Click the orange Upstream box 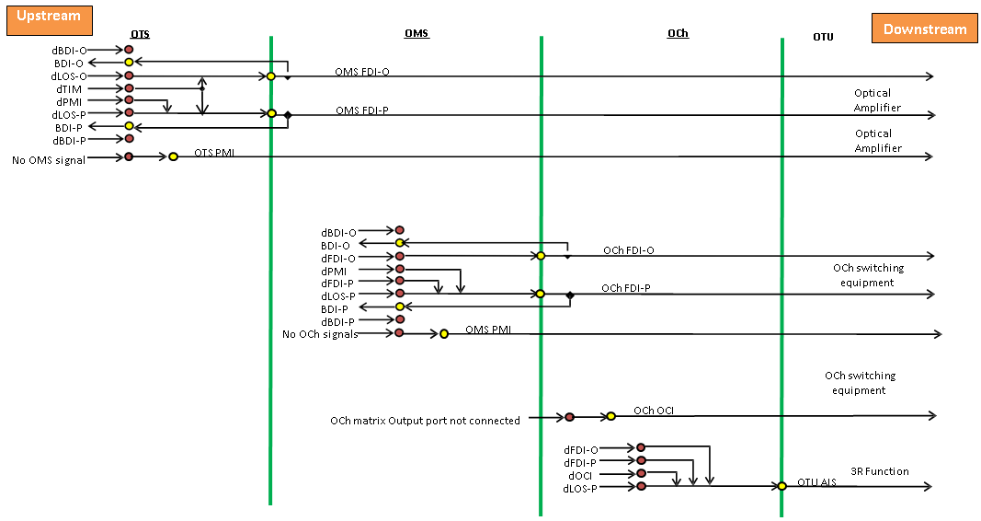(49, 17)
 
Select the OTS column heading (139, 35)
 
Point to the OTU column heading (823, 36)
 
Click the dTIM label (69, 88)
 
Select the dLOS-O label (70, 76)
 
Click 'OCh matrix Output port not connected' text (425, 421)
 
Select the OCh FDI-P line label (626, 288)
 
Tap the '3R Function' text (880, 471)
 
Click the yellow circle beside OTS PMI (173, 157)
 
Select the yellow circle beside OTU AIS (781, 485)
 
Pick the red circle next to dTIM (129, 88)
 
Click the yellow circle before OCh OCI (610, 417)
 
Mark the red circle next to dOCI (641, 473)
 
